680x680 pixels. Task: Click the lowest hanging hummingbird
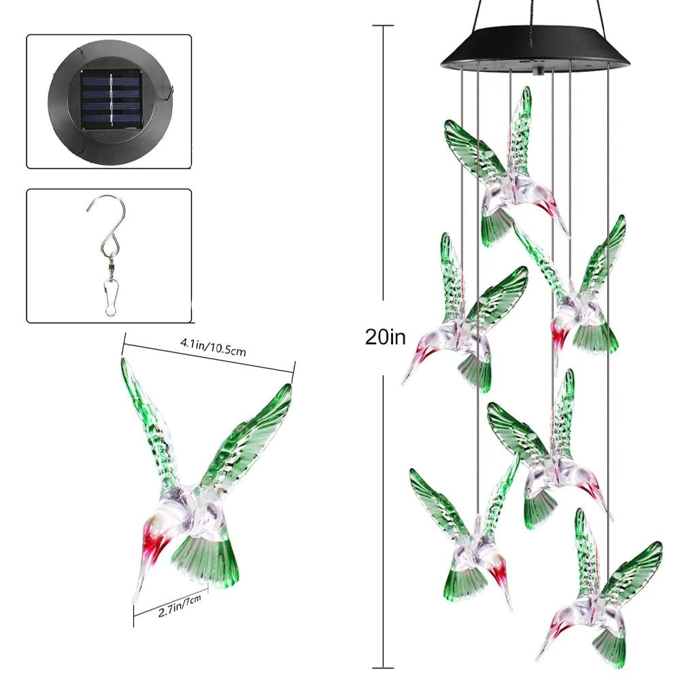[x=598, y=598]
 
